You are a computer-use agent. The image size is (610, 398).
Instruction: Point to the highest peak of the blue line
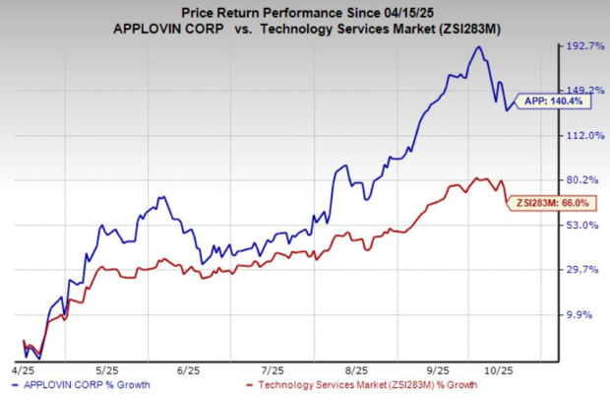[x=479, y=46]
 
